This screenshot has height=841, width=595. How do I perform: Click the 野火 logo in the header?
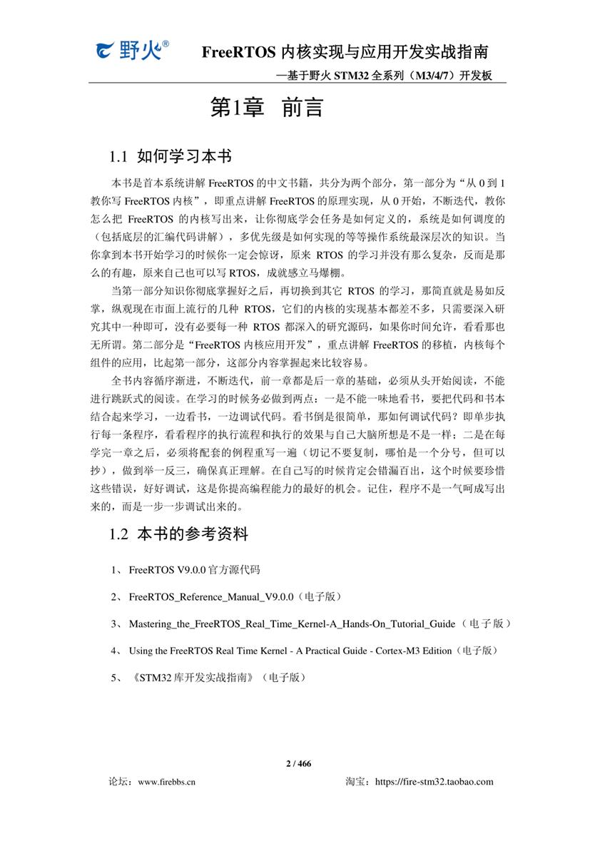[133, 50]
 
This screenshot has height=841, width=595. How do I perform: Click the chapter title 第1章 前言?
[267, 107]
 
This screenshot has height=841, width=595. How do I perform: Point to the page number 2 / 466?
[298, 764]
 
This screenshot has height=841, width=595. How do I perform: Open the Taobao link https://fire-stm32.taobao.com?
[434, 782]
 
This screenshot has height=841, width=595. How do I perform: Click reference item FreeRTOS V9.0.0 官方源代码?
[194, 571]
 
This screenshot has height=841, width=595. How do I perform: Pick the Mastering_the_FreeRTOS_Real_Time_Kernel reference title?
[292, 624]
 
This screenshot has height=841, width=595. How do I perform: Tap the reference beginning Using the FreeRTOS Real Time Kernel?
[290, 651]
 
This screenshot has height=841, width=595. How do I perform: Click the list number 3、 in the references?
[116, 624]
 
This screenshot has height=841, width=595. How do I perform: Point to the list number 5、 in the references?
[116, 678]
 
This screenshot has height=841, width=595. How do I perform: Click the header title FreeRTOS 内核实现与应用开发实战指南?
[345, 52]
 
